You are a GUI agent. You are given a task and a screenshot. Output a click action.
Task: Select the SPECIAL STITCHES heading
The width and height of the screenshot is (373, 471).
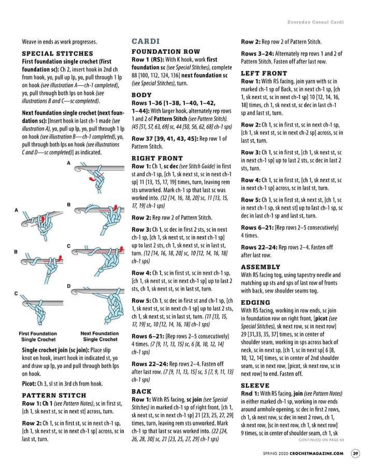click(58, 53)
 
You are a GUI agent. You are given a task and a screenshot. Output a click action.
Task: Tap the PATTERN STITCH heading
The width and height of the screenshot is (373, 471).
click(54, 395)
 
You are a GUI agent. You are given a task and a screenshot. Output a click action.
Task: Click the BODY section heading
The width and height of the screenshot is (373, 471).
click(141, 95)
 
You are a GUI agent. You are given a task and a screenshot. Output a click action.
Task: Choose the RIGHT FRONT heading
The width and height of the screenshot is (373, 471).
click(157, 158)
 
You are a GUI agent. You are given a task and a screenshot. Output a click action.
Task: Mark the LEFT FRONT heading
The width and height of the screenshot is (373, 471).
click(264, 73)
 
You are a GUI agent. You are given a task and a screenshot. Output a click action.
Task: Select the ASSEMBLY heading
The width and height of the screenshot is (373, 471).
click(261, 267)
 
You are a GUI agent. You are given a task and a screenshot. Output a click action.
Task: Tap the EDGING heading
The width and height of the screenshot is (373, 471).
click(255, 302)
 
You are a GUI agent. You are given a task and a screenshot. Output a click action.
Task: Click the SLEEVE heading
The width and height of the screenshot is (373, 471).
click(255, 386)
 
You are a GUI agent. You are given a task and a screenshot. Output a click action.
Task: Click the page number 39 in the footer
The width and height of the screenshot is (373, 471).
click(355, 454)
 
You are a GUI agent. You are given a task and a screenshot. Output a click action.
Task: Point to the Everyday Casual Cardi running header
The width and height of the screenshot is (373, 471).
click(316, 22)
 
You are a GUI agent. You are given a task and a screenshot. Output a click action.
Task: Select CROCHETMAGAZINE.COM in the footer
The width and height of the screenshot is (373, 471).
click(320, 454)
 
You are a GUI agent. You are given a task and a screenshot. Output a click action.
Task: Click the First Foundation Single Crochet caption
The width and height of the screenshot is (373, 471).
click(38, 336)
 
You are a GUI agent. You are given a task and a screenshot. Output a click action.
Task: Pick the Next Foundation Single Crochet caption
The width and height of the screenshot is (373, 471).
click(99, 336)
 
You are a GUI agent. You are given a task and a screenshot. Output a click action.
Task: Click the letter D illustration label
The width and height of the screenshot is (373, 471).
click(68, 286)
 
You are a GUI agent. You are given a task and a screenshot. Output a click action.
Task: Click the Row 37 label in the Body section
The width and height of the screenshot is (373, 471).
click(143, 139)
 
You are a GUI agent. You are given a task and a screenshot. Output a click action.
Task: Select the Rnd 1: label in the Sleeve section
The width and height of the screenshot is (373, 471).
click(250, 393)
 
